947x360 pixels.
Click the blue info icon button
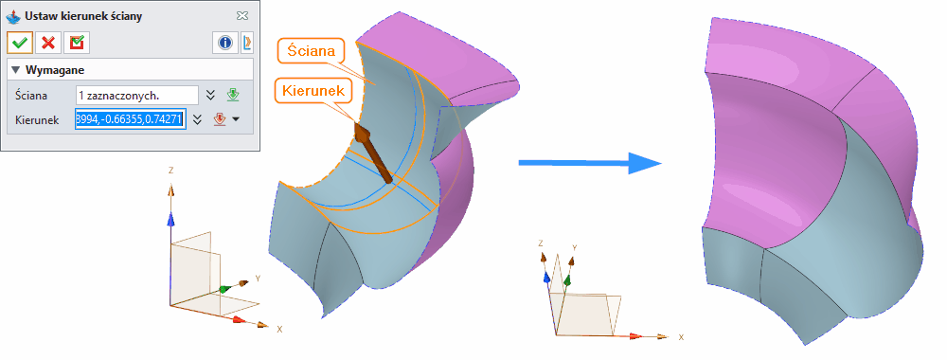[x=225, y=42]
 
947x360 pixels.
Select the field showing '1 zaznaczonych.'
[x=136, y=95]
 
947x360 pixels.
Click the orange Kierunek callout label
[x=313, y=90]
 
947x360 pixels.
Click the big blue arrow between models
[x=588, y=163]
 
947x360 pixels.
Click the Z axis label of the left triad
[x=170, y=171]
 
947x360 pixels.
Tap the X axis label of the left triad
[x=279, y=330]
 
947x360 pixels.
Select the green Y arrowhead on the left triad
[x=224, y=288]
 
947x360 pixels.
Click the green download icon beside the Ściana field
[x=232, y=95]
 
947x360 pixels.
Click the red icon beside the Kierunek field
[x=220, y=119]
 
